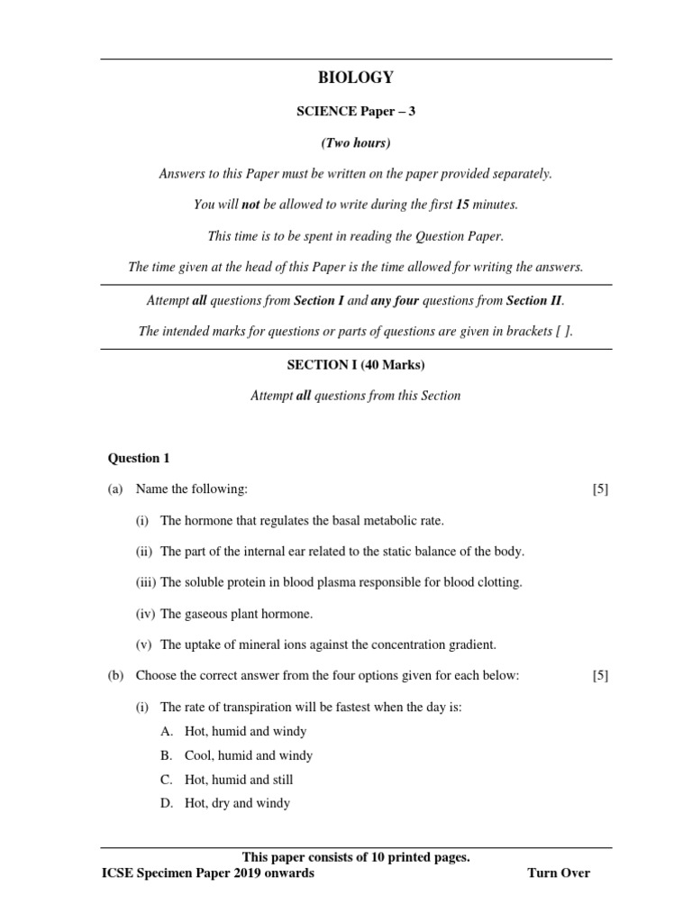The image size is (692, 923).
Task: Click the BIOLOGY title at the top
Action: [x=356, y=78]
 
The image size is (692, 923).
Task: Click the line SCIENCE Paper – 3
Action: [x=356, y=112]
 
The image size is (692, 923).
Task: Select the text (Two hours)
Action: [x=356, y=143]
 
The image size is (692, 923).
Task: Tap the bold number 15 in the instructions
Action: [x=462, y=205]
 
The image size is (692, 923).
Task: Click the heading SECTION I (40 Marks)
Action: [x=356, y=365]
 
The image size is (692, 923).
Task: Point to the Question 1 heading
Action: [x=139, y=458]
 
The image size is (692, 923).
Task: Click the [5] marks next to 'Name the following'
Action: [x=600, y=489]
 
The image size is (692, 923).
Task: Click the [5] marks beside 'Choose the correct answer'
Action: [x=600, y=676]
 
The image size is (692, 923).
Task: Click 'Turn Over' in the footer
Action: [x=559, y=873]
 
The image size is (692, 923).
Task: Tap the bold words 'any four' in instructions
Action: [x=395, y=300]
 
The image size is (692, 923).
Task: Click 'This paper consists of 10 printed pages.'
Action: [x=356, y=857]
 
